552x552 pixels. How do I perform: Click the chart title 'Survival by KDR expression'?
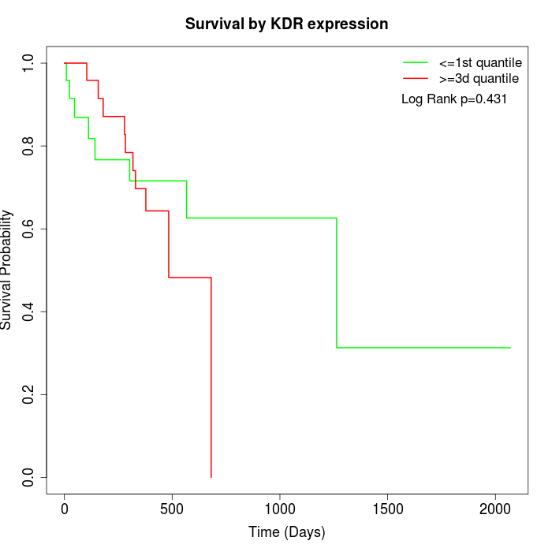286,24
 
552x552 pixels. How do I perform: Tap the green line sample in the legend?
415,62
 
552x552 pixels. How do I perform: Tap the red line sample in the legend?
415,78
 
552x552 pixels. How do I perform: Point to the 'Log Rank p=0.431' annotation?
454,99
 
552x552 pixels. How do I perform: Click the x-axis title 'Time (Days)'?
286,532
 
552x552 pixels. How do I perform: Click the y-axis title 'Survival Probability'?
7,270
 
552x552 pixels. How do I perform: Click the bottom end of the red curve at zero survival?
211,476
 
